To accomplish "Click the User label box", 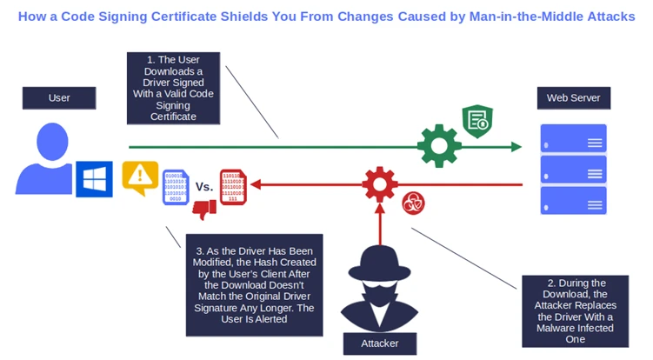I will click(59, 98).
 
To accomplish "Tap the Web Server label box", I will click(573, 98).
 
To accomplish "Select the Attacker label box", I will click(380, 343).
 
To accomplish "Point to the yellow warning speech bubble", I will click(140, 177).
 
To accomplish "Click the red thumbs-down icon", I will click(204, 210).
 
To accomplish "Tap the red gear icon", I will click(380, 183).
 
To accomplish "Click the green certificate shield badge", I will click(477, 122).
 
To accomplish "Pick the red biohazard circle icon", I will click(413, 205).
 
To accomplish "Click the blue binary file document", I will click(175, 186).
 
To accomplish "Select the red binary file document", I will click(233, 186).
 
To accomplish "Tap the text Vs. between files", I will click(204, 186).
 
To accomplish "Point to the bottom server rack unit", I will click(573, 200).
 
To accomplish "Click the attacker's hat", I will click(380, 259).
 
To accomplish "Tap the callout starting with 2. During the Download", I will click(575, 310).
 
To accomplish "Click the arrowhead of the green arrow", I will click(516, 146).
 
